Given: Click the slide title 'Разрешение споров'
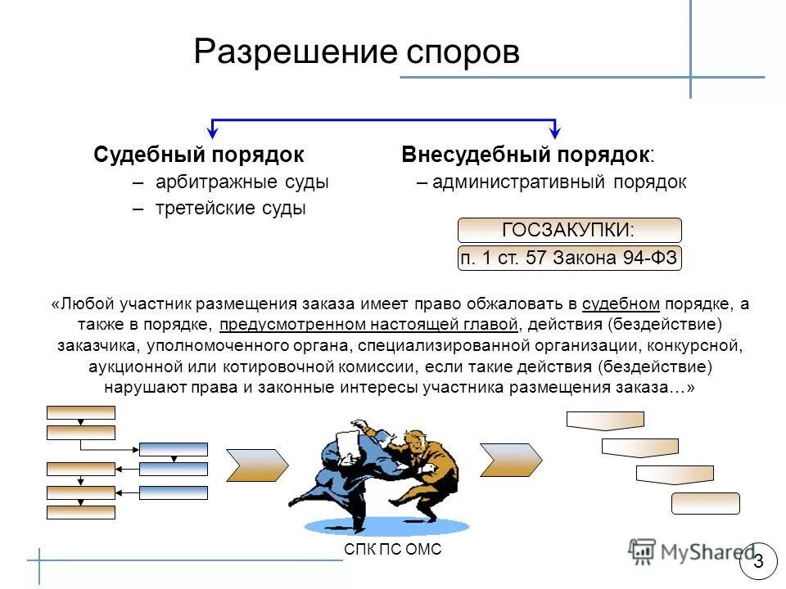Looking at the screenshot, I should point(356,52).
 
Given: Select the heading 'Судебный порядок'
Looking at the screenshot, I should point(199,155).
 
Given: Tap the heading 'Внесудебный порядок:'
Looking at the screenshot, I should point(528,155).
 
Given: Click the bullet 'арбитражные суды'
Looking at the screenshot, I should point(242,182).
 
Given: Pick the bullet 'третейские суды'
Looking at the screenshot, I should point(230,209).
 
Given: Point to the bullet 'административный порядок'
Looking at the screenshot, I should point(559,182).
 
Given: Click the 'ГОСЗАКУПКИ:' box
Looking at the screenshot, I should point(568,230).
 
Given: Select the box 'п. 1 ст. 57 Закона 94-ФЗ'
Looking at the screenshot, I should point(568,259).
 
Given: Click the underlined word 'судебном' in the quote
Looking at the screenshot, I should point(621,304).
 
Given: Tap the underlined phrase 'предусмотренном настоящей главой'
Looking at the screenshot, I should point(368,325).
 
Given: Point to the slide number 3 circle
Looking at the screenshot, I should point(758,561).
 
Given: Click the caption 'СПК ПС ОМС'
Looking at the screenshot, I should point(393,550).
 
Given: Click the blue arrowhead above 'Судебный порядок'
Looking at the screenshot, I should point(213,131).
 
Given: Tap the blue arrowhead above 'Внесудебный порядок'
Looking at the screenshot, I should point(556,131).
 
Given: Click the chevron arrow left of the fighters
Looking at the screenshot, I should point(256,464).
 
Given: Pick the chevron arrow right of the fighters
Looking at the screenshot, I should point(510,459).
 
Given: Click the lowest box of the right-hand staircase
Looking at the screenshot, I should point(705,503).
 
